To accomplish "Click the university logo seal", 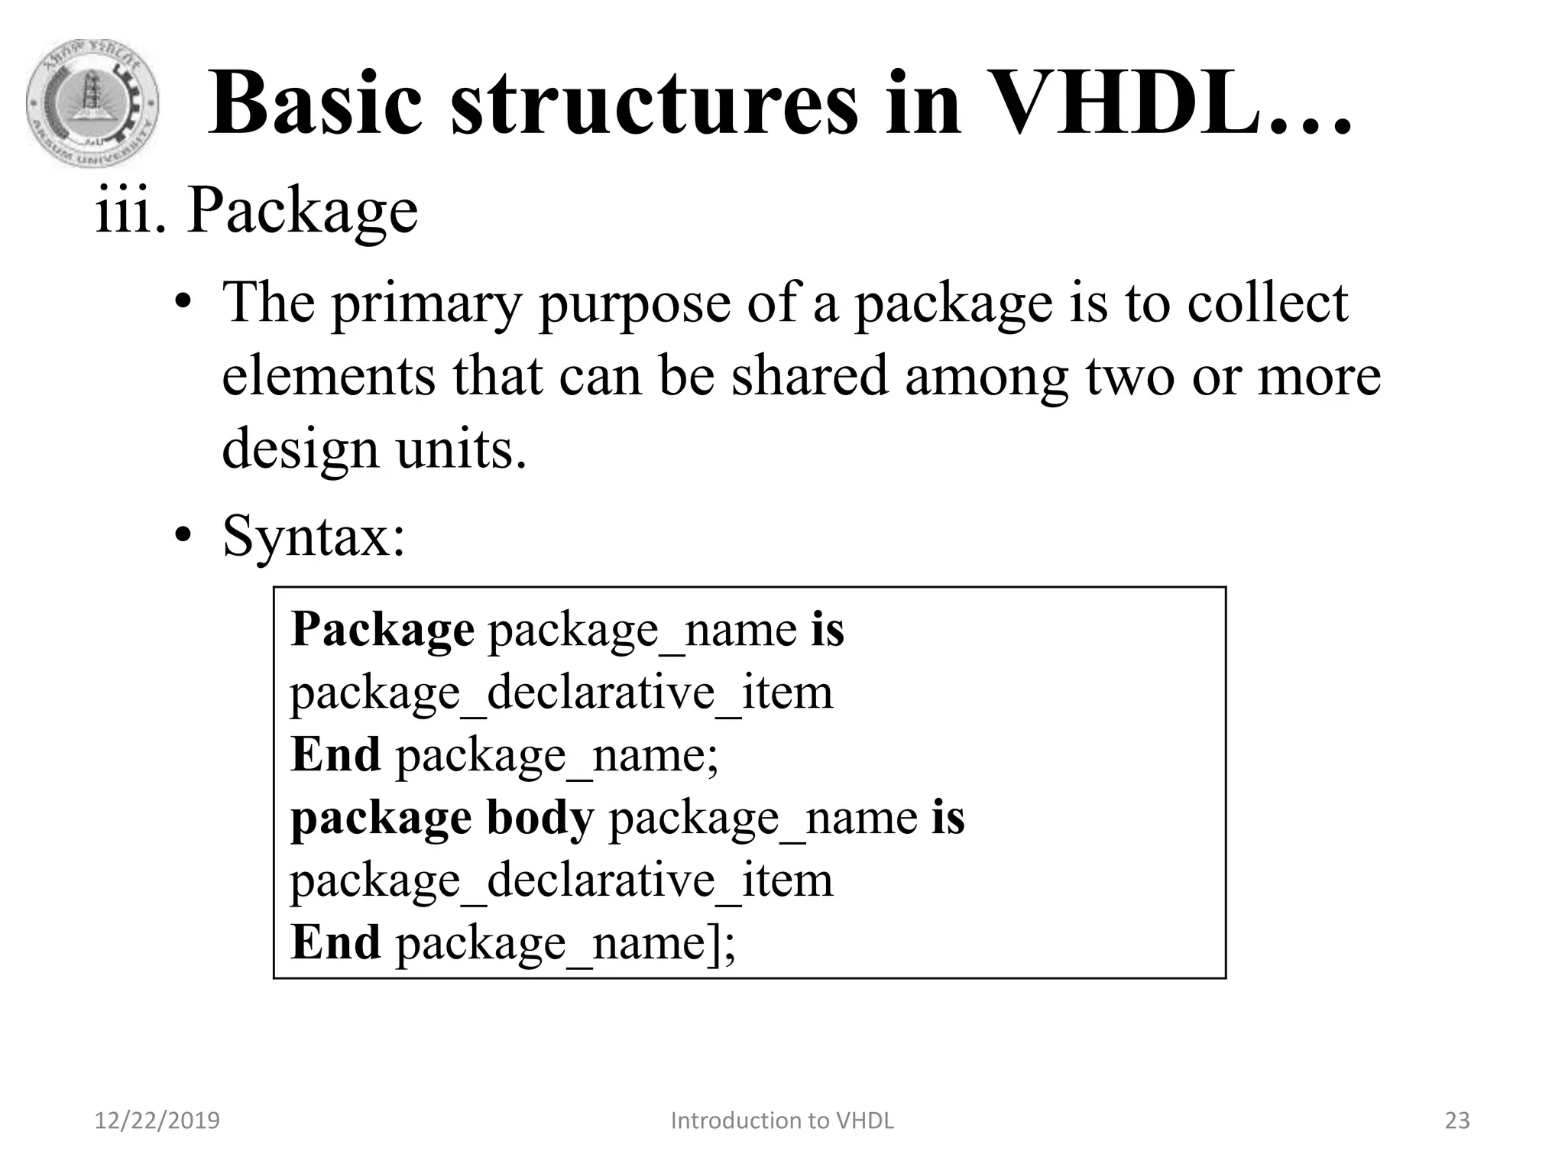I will (x=92, y=104).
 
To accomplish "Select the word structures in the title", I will (x=654, y=103).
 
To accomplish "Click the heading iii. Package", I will (x=257, y=209).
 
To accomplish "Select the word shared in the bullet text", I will (x=810, y=375).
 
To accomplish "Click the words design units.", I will (x=374, y=449).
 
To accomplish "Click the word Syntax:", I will (x=313, y=537).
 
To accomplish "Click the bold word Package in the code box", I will (x=382, y=631).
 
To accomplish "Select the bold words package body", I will (x=442, y=819).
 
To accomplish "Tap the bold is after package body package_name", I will (x=948, y=817).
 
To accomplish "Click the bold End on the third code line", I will (x=335, y=754).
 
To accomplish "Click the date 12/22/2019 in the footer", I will (x=157, y=1120).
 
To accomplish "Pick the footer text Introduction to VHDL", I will (x=782, y=1120).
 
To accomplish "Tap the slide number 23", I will (x=1457, y=1120).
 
